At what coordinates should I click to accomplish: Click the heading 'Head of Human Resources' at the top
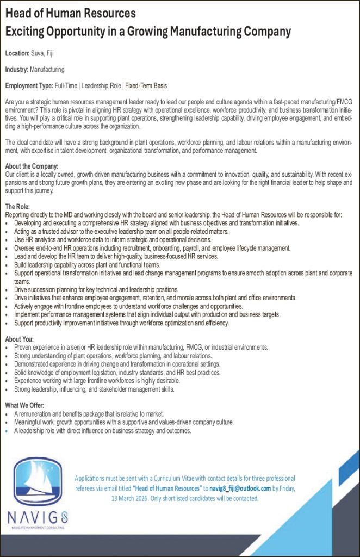(x=70, y=13)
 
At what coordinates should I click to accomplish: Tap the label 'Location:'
(x=17, y=53)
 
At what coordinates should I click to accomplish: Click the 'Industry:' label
(x=17, y=70)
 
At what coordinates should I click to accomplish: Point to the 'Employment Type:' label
(x=29, y=86)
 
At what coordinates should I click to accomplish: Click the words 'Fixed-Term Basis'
(x=146, y=86)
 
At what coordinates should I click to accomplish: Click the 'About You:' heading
(x=20, y=339)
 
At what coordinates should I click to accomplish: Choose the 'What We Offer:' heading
(x=24, y=406)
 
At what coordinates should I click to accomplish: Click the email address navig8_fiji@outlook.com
(x=240, y=488)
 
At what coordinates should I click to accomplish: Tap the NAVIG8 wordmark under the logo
(x=38, y=516)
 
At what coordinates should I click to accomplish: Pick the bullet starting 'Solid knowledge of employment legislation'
(x=117, y=373)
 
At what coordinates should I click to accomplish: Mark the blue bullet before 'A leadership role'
(x=7, y=431)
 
